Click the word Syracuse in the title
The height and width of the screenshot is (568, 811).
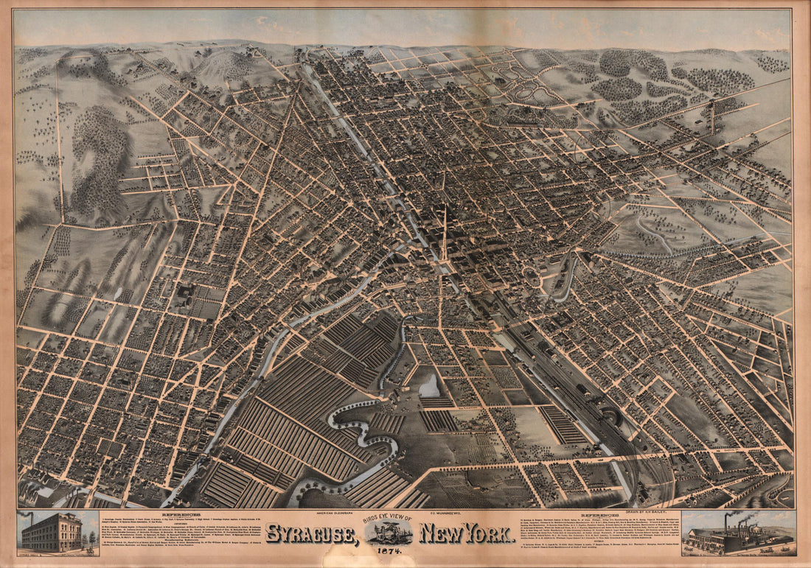pyautogui.click(x=310, y=533)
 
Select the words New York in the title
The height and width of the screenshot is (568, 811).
pyautogui.click(x=467, y=533)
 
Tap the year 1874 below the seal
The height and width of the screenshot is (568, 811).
pyautogui.click(x=389, y=550)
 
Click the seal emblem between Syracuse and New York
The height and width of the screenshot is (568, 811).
pyautogui.click(x=389, y=533)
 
